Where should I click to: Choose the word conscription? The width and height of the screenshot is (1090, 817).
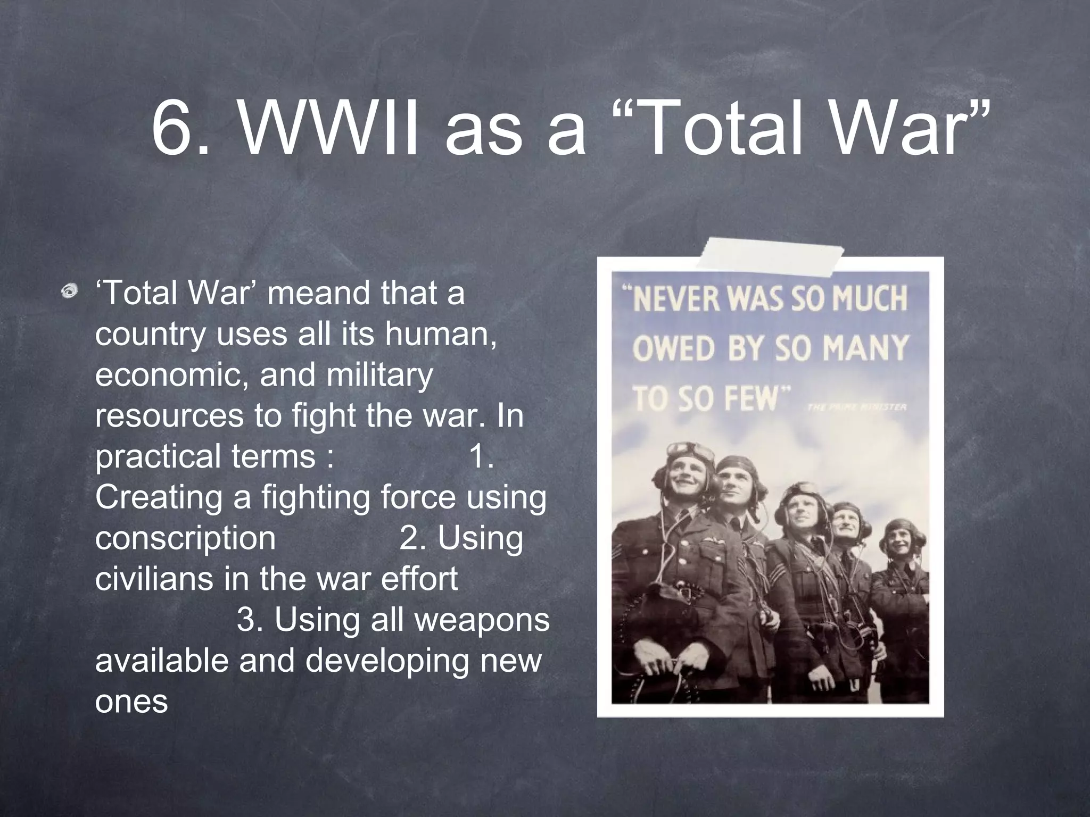click(x=185, y=538)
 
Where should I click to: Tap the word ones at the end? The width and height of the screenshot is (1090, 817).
click(x=131, y=702)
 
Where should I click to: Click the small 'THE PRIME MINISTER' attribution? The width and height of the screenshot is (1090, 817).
click(x=856, y=407)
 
